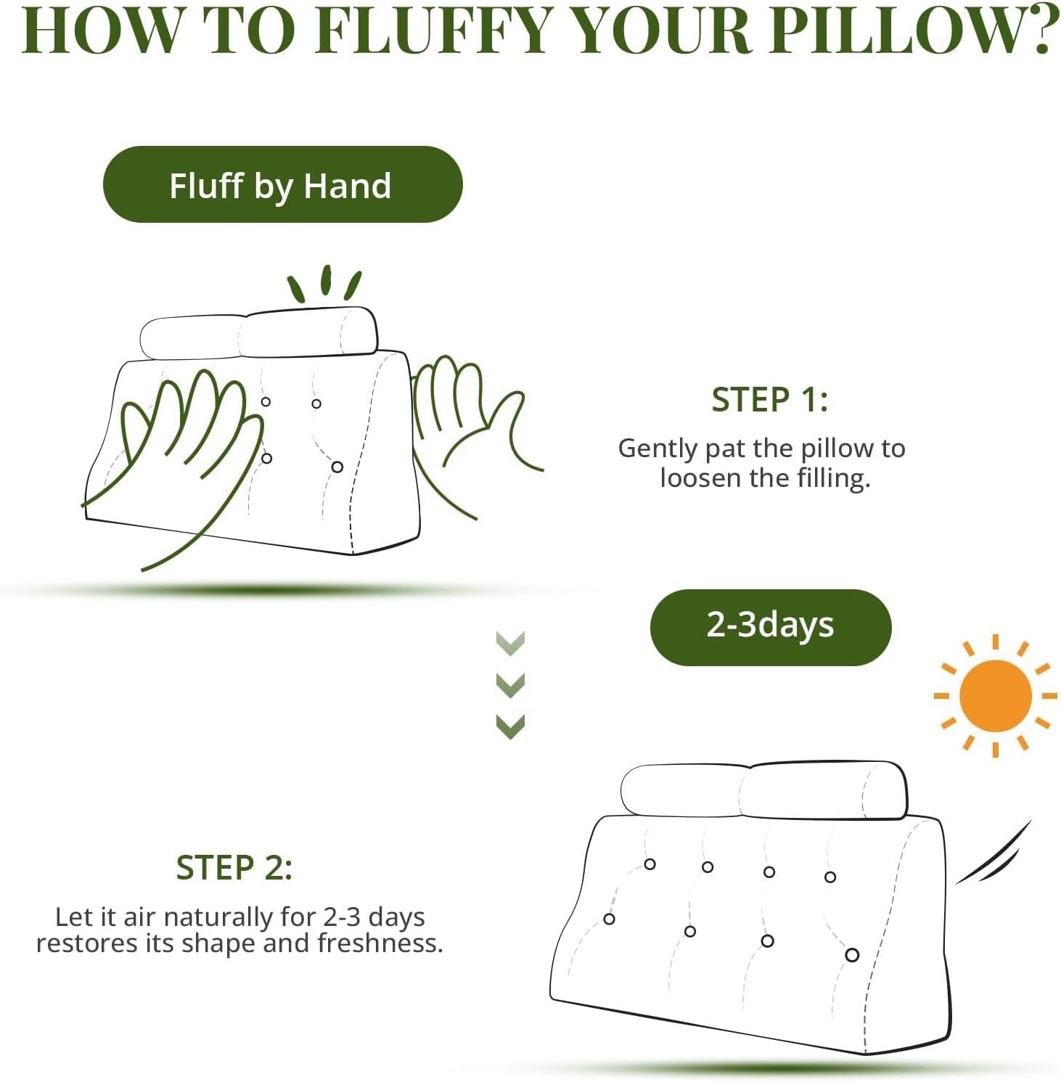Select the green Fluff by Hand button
283,184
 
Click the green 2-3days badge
771,627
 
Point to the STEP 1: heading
769,400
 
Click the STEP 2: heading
234,868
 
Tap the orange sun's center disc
995,696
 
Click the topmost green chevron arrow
510,643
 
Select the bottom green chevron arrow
510,726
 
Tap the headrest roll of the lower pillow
763,791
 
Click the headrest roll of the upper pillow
258,332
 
